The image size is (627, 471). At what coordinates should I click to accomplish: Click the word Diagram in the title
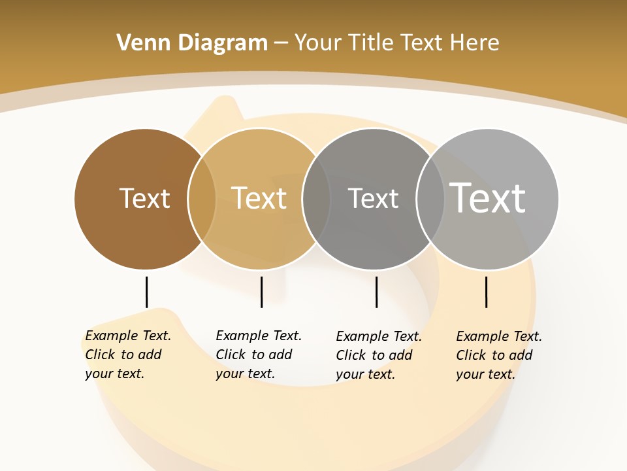[222, 43]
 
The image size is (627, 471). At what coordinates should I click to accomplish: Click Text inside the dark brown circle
[144, 198]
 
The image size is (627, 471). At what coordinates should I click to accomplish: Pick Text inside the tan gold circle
[259, 198]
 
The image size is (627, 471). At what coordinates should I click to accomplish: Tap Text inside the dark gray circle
[373, 198]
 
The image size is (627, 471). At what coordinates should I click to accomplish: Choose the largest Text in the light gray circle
[488, 198]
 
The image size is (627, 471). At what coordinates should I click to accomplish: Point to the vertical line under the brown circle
[146, 292]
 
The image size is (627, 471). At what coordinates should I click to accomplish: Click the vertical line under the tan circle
[261, 292]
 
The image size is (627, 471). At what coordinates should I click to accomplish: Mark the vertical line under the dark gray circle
[376, 292]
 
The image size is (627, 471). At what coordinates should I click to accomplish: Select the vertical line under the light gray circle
[486, 292]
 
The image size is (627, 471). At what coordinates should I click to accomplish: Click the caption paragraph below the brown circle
[127, 355]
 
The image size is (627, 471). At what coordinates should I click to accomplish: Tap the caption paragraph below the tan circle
[258, 355]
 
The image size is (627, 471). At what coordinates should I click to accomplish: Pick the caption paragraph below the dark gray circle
[378, 355]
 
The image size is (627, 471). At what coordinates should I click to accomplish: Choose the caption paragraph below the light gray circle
[498, 355]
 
